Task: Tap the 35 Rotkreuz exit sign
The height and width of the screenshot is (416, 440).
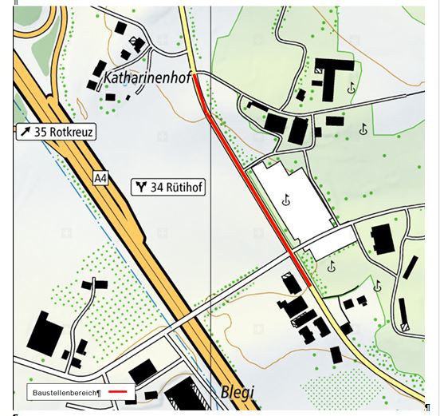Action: tap(55, 132)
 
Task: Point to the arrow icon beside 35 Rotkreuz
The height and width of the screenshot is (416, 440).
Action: tap(26, 132)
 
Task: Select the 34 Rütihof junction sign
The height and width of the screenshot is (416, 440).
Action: tap(168, 188)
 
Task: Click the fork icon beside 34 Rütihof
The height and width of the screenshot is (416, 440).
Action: tap(141, 188)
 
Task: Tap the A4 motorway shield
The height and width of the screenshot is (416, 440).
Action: tap(100, 178)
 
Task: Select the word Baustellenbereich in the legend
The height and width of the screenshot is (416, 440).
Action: tap(65, 394)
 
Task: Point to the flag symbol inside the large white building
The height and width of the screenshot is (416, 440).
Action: tap(285, 201)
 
